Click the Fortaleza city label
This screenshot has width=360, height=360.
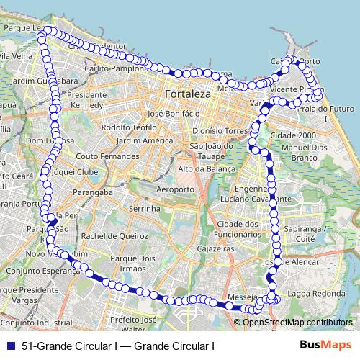(x=186, y=94)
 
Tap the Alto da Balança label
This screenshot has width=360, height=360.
(x=207, y=168)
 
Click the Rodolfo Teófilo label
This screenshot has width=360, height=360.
(x=130, y=127)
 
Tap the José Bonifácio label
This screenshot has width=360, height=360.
(x=173, y=113)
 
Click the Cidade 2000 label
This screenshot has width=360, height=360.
(x=293, y=135)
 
